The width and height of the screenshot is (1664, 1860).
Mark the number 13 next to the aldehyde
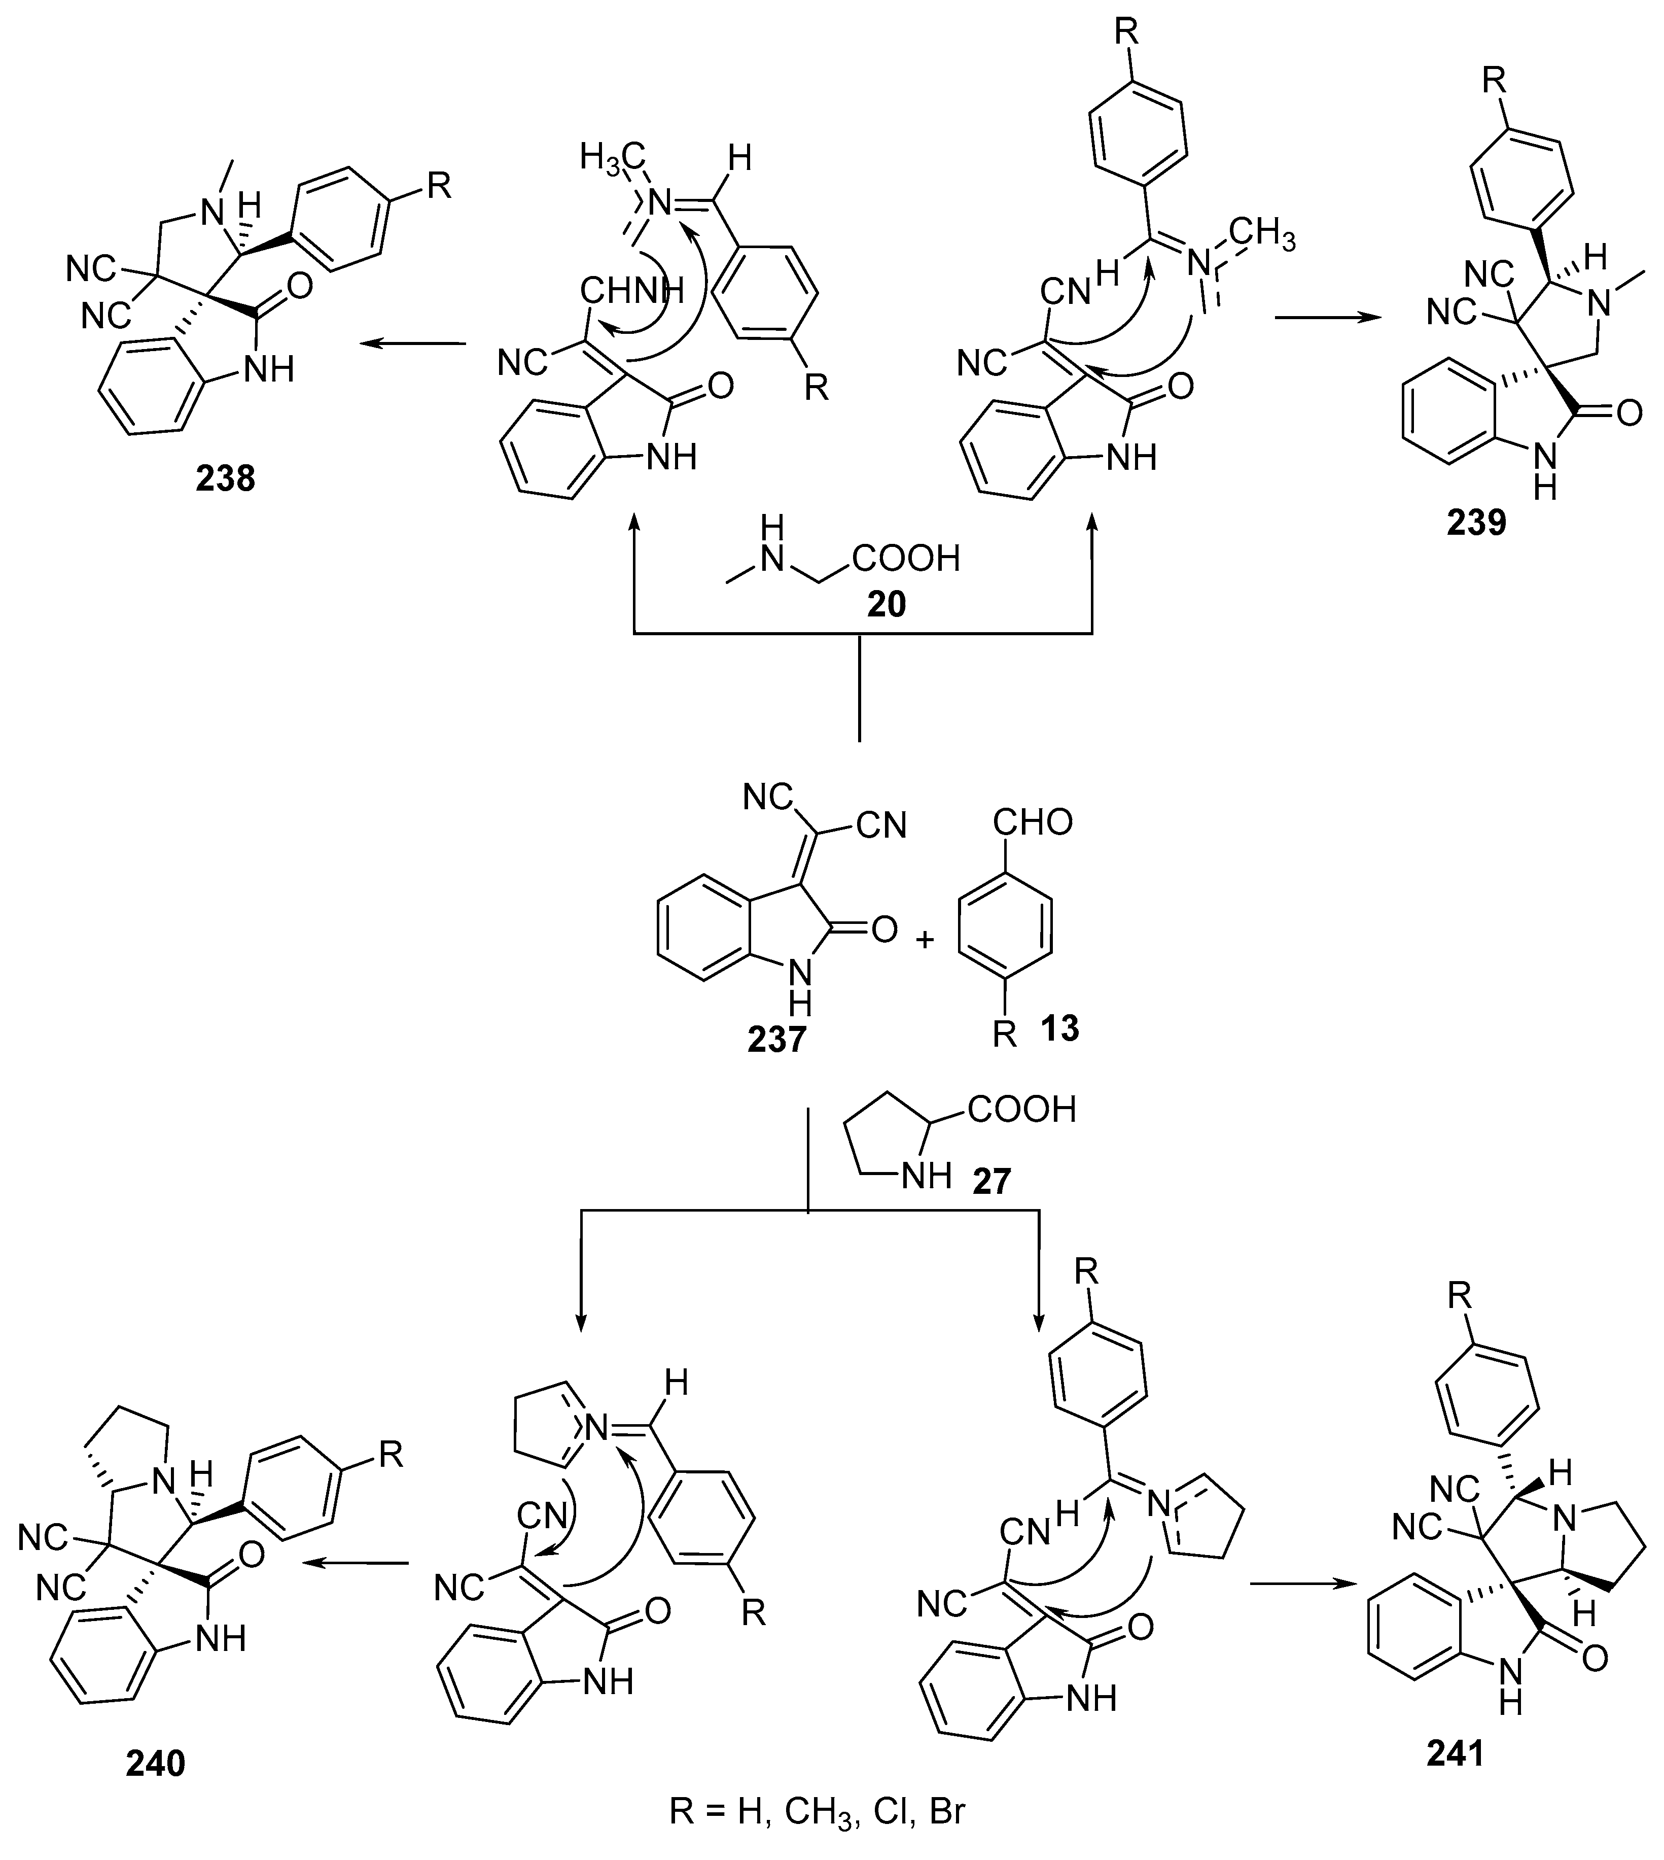pos(1059,1029)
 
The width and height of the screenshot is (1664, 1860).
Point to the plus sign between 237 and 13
pos(925,939)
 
